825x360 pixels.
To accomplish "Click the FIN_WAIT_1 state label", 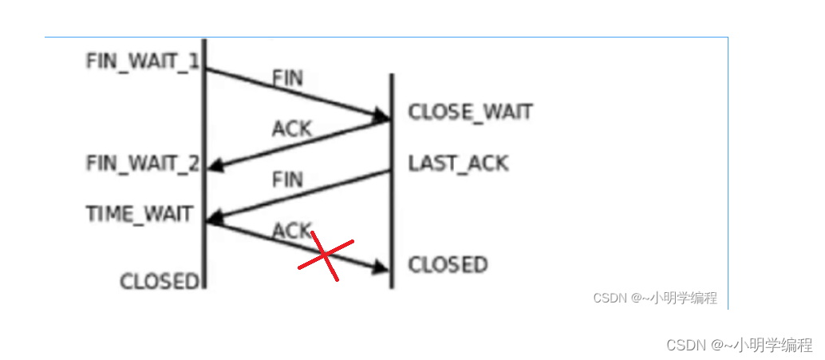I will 142,61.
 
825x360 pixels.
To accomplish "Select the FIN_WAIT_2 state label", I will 142,164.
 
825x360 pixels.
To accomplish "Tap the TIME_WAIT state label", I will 140,214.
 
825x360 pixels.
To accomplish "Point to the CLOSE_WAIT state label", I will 470,113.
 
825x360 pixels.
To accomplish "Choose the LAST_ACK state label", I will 458,164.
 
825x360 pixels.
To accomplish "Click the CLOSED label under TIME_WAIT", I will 158,281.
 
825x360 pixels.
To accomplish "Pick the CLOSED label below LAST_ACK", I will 448,264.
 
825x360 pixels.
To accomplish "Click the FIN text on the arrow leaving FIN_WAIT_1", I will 288,78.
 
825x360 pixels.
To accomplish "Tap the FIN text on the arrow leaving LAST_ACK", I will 288,180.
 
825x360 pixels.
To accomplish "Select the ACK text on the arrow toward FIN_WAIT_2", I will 291,129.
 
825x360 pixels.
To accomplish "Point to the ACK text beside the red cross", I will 291,231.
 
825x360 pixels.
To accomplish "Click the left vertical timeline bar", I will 205,160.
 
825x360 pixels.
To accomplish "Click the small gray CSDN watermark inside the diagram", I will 654,299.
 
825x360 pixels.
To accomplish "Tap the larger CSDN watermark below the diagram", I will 739,345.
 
